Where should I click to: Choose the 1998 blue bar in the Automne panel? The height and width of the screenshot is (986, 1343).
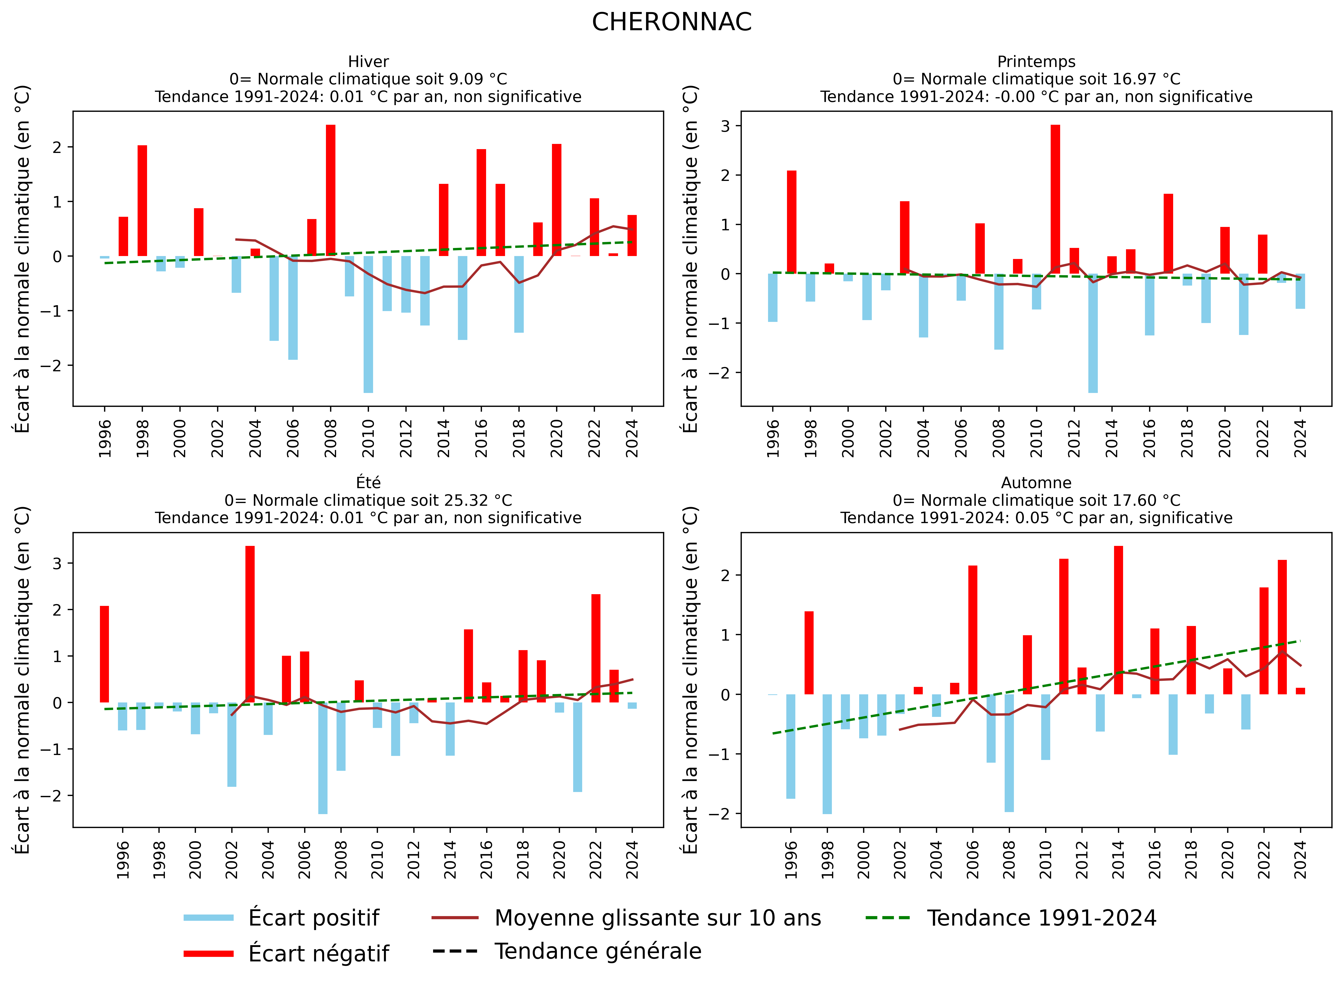tap(827, 754)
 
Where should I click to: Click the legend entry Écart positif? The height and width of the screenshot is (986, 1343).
tap(313, 918)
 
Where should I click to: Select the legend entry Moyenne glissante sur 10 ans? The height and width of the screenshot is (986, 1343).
tap(657, 918)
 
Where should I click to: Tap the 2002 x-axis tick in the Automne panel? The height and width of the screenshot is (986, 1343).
tap(900, 859)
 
